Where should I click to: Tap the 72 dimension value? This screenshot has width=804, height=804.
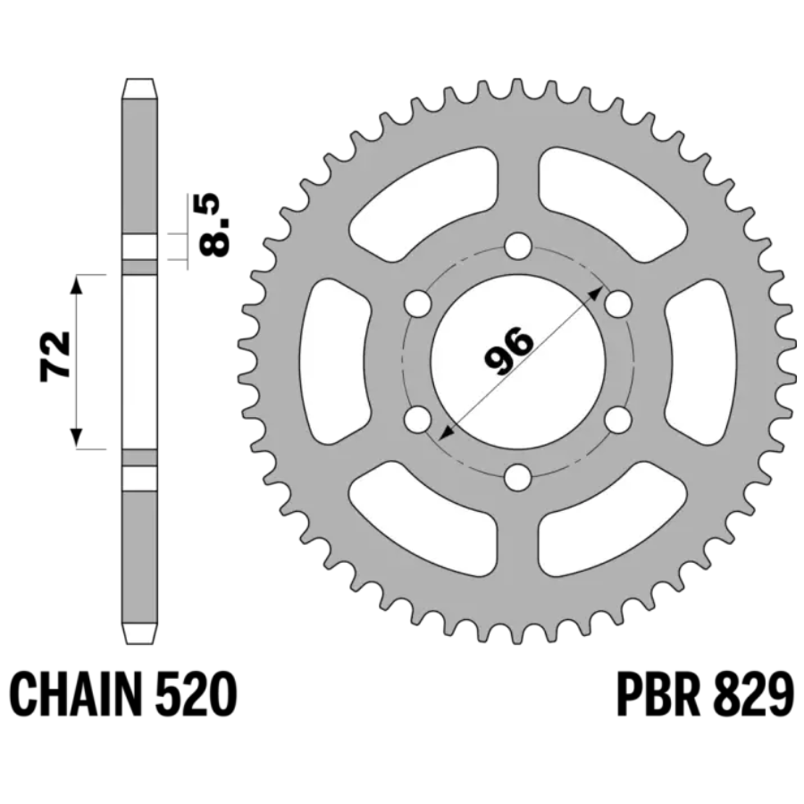55,356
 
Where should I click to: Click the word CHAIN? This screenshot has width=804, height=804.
75,695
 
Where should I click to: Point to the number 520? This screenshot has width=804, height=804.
196,695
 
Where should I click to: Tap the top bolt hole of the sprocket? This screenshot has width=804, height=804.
517,247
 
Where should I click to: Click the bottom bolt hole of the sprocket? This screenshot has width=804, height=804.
517,478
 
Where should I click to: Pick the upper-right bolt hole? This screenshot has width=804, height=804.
618,305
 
